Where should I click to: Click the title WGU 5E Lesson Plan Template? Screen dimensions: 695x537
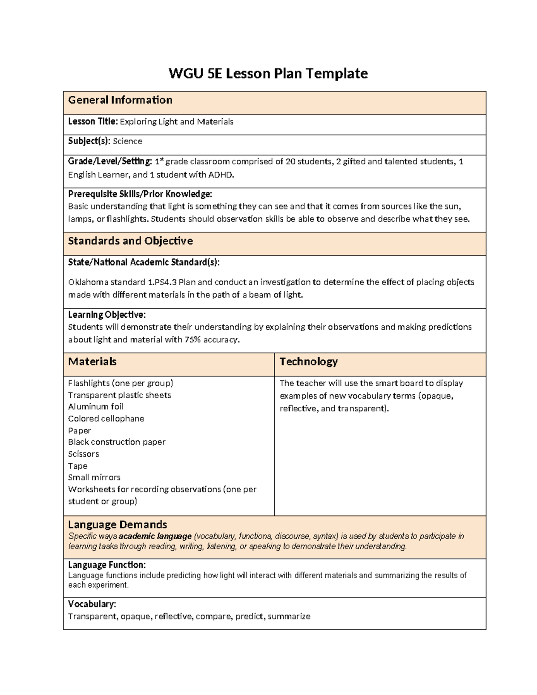(268, 73)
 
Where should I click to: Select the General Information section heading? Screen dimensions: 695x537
(120, 100)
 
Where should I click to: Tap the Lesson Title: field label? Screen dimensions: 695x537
(93, 122)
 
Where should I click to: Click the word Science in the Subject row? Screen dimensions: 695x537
(128, 141)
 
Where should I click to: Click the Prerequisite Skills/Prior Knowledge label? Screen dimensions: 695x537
(140, 194)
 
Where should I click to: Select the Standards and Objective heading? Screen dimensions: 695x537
(130, 241)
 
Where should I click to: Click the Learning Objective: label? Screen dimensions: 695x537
(107, 315)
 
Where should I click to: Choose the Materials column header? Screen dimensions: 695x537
(92, 362)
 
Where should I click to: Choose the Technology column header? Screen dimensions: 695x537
(308, 362)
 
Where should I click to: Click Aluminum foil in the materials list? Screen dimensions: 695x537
(95, 407)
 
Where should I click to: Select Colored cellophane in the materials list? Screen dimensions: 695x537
(106, 419)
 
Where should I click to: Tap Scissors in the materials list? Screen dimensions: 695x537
(83, 454)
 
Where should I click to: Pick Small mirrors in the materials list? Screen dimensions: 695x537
(94, 478)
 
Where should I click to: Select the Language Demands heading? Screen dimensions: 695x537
(117, 524)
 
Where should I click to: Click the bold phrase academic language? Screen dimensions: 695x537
(155, 536)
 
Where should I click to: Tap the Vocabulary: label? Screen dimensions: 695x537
(92, 604)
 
